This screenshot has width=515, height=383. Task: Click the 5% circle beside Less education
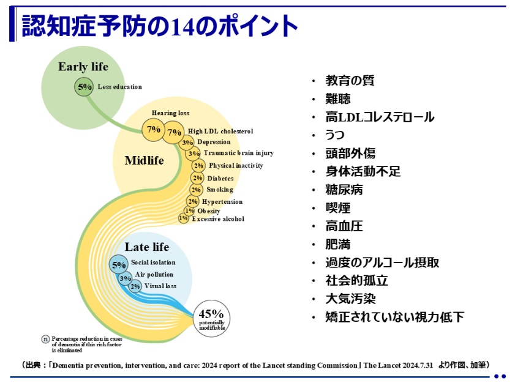tap(84, 87)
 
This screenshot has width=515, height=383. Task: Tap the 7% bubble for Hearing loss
tap(152, 130)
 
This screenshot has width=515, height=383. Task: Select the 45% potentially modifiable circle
tap(211, 318)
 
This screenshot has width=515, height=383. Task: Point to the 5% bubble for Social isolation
tap(119, 265)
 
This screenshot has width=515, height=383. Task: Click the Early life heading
tap(83, 67)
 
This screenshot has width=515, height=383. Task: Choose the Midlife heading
tap(144, 161)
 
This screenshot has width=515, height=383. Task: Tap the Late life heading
tap(147, 247)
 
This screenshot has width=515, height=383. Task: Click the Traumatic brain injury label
tap(239, 153)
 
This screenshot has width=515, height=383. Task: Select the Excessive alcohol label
tap(218, 219)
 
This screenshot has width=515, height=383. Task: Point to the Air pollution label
tap(154, 275)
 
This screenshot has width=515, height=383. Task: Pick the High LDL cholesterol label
tap(220, 131)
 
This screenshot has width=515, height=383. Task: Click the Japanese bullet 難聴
tap(338, 99)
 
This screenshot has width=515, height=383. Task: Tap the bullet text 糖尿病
tap(344, 190)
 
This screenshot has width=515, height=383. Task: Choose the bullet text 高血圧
tap(344, 226)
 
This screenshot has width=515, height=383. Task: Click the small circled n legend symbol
tap(45, 340)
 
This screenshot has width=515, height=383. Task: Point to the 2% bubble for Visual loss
tap(135, 286)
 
